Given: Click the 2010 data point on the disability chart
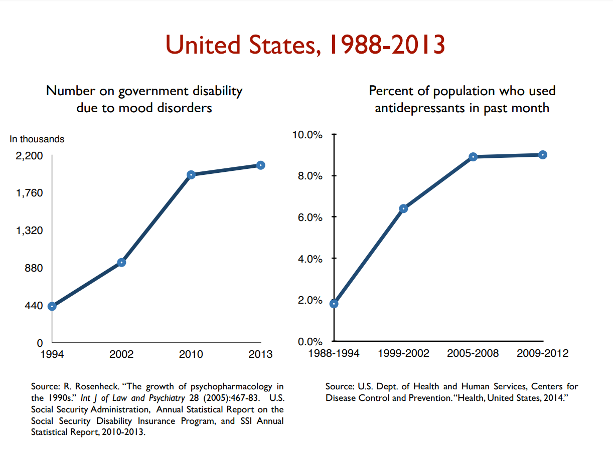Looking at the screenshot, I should point(191,175).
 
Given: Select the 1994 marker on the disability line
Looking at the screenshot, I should point(52,306).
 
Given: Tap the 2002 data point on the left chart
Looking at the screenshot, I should point(121,263).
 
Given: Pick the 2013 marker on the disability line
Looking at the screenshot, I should point(261,165).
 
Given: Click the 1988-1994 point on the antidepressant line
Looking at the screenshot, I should point(334,304).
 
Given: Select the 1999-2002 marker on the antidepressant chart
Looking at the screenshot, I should point(403,208).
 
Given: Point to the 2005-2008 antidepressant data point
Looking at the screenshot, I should point(473,157).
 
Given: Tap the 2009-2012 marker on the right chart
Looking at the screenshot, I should point(543,155).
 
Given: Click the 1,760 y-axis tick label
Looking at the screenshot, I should point(30,193).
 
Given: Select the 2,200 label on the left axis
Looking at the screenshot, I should point(30,156).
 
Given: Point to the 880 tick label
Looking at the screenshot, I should point(34,269).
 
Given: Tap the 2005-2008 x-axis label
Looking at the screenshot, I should point(473,353).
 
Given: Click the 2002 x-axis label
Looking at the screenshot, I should point(121,354).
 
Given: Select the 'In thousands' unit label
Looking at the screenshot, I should point(37,139).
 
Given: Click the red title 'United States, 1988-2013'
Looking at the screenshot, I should point(305,45).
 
